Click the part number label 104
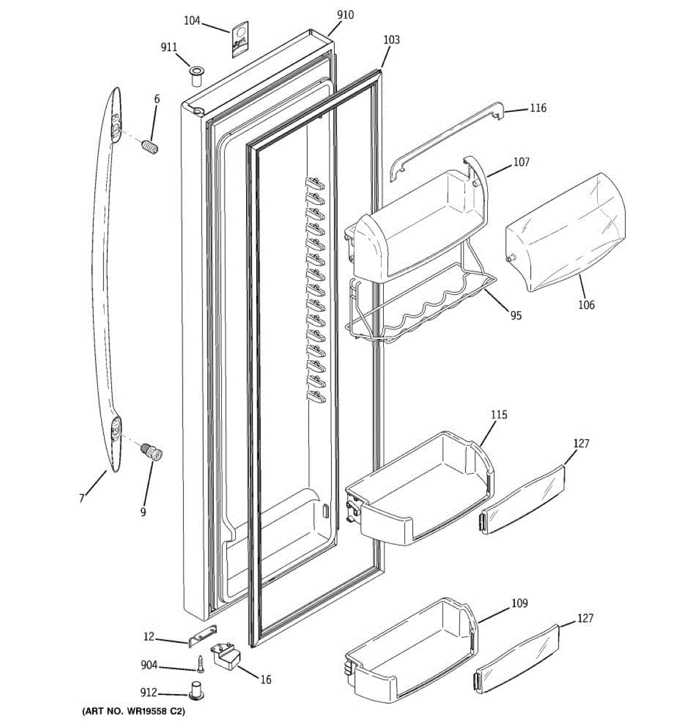[192, 21]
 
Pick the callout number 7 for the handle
[81, 498]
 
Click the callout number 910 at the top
[345, 14]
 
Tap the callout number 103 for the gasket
[391, 40]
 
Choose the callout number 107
[520, 162]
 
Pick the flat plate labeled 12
[203, 636]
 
